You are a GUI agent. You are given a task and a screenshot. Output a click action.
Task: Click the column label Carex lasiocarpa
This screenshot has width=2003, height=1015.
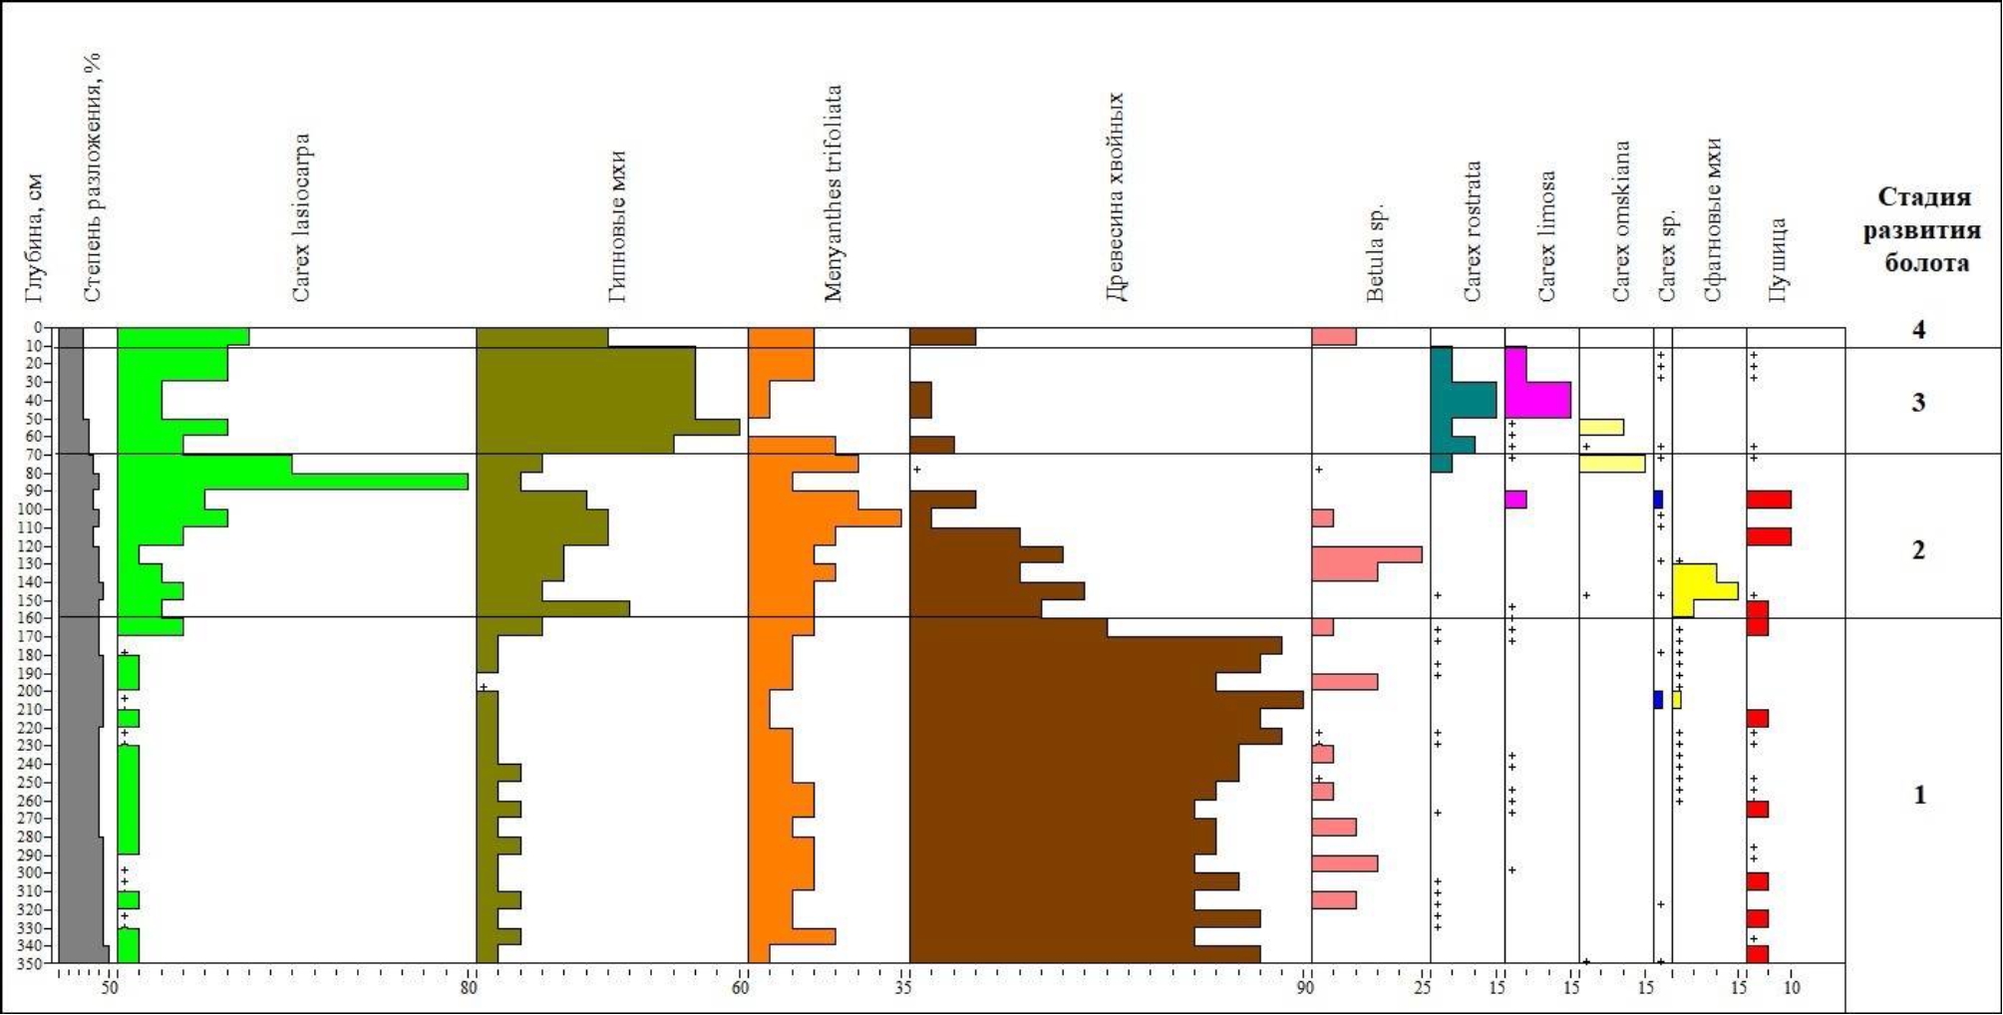(301, 218)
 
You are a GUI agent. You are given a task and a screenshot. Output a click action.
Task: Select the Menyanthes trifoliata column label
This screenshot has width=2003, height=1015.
(834, 193)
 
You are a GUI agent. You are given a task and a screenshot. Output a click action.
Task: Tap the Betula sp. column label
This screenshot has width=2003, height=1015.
(1376, 253)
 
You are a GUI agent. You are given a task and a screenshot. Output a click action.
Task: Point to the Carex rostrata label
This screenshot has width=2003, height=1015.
(1473, 231)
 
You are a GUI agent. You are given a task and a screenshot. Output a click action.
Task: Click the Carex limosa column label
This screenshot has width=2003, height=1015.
(1546, 236)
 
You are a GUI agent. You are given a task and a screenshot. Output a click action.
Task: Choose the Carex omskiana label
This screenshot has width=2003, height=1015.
(1621, 221)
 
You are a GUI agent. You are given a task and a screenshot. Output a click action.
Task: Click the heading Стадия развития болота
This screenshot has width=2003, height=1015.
(1921, 230)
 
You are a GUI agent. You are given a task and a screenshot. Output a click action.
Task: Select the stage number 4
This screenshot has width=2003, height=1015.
(1919, 330)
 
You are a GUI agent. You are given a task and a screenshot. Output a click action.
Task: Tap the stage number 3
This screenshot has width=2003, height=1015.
(1918, 403)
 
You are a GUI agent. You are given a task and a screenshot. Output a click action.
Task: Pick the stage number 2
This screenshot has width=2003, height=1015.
(1918, 549)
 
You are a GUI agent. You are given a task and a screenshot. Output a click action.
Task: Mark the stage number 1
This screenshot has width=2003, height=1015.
(1919, 795)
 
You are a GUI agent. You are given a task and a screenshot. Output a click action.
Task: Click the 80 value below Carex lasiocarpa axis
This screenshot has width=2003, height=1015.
(469, 988)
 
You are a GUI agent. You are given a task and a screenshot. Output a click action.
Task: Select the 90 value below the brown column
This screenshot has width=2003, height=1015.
(1305, 988)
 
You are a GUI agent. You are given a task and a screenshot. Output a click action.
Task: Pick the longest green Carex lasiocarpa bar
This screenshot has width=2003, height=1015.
(379, 482)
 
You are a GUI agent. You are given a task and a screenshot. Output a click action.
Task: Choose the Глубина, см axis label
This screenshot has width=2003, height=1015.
(35, 239)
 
